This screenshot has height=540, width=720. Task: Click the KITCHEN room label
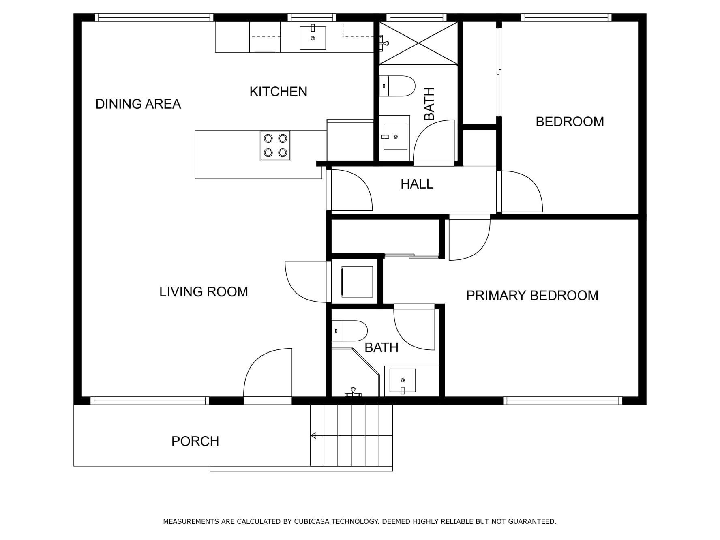278,92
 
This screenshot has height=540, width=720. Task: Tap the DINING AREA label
138,104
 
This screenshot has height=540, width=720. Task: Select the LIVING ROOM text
204,292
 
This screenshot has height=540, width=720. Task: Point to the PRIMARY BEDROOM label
532,296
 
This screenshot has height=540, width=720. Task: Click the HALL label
417,184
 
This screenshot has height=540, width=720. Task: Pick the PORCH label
195,441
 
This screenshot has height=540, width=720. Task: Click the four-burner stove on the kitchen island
275,146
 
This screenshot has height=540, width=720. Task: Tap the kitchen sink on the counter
313,38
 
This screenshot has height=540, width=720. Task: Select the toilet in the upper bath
397,86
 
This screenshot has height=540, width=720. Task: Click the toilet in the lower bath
349,331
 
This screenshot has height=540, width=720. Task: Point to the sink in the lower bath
402,380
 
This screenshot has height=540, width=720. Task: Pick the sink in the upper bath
395,137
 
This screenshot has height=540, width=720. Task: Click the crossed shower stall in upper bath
418,43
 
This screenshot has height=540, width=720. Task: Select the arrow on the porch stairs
313,436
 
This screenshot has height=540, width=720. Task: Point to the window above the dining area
154,18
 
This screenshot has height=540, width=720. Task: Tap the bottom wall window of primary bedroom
563,401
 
